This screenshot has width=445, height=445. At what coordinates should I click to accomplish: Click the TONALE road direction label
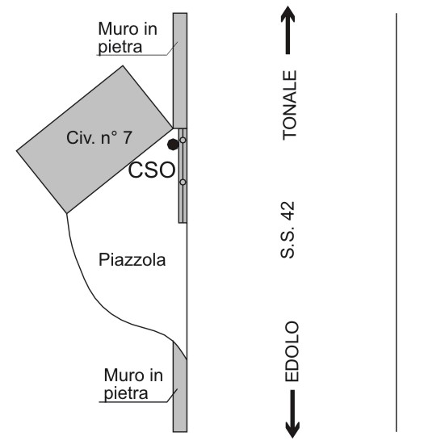pyautogui.click(x=290, y=105)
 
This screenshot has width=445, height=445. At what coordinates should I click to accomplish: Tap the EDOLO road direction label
pyautogui.click(x=292, y=351)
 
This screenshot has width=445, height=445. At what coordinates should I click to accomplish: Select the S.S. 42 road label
pyautogui.click(x=288, y=230)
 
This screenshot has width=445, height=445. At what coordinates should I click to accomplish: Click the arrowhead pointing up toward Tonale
pyautogui.click(x=288, y=14)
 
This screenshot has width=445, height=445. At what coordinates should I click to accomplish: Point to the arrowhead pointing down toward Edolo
pyautogui.click(x=292, y=430)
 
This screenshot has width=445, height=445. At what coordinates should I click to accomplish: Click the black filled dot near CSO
pyautogui.click(x=173, y=145)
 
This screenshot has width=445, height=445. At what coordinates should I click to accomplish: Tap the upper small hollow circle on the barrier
pyautogui.click(x=183, y=140)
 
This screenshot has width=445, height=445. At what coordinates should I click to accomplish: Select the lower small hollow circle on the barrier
pyautogui.click(x=183, y=182)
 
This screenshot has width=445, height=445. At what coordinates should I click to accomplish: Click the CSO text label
pyautogui.click(x=152, y=170)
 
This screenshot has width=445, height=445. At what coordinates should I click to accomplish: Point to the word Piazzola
pyautogui.click(x=132, y=260)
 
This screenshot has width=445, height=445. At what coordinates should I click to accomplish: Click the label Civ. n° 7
pyautogui.click(x=99, y=137)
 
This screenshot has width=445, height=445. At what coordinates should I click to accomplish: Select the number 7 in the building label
pyautogui.click(x=128, y=137)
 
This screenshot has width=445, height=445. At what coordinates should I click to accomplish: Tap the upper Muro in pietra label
pyautogui.click(x=128, y=38)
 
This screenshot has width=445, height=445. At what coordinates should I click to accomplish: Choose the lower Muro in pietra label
pyautogui.click(x=133, y=384)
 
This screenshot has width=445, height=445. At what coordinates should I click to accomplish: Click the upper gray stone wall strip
pyautogui.click(x=180, y=70)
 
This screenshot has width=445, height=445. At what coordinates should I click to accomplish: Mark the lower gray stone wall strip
pyautogui.click(x=180, y=387)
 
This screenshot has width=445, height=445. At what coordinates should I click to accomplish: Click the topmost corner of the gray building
pyautogui.click(x=123, y=66)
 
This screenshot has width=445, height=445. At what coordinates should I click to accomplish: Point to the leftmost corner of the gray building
pyautogui.click(x=17, y=151)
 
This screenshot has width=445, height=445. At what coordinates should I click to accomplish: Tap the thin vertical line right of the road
pyautogui.click(x=397, y=223)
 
